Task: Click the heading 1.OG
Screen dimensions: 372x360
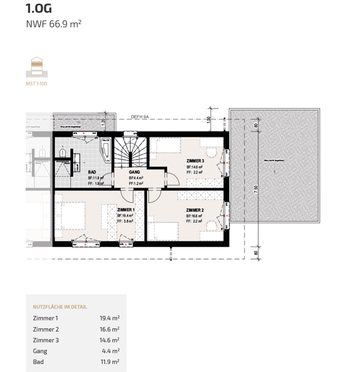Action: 38,8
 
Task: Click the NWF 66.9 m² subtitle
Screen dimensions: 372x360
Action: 53,25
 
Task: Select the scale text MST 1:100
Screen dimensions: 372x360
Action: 37,83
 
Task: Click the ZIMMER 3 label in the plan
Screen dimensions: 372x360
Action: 195,161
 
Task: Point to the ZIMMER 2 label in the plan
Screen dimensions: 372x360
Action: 195,210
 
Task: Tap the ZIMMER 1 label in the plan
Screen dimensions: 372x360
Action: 126,210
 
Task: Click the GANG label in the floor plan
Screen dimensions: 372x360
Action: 134,172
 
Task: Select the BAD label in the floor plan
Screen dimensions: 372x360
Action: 92,172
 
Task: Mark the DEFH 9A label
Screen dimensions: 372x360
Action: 140,118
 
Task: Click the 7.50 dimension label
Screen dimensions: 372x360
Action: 256,188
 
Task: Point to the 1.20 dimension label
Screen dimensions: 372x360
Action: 103,121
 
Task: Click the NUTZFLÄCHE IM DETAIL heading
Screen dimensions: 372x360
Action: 60,307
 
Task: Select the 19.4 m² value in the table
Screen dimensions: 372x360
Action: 109,318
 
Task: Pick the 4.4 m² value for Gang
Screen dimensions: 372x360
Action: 111,351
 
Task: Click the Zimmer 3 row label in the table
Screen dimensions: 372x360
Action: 46,340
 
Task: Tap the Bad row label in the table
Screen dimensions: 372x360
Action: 38,362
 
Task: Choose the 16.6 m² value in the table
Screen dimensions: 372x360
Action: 109,329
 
